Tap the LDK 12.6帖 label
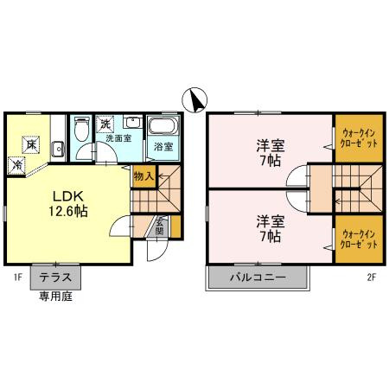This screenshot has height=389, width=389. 68,204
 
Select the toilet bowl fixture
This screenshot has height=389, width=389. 81,130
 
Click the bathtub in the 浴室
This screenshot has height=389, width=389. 163,125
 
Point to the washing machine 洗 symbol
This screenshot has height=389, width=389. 105,124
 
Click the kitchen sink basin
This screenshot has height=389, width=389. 58,150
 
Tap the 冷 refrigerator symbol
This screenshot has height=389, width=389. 16,165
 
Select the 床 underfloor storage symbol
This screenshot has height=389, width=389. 30,144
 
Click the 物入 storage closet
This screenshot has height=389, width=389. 144,176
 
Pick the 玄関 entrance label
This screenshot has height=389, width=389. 159,226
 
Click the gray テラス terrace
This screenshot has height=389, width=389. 55,277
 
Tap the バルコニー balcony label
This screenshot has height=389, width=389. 258,277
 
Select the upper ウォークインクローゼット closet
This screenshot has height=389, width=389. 359,138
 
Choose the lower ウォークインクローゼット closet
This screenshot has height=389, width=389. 359,239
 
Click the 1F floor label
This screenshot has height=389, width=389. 18,277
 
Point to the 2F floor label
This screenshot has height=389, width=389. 372,277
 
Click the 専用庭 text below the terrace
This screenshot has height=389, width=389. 55,297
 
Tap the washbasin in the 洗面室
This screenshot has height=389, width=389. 133,122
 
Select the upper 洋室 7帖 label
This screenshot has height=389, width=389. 271,153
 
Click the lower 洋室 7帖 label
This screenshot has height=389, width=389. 271,228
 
